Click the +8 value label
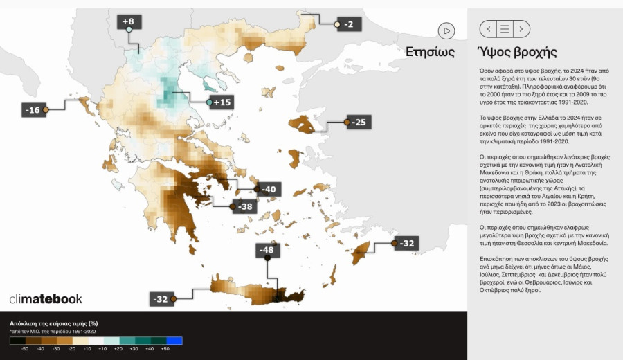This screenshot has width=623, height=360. tap(128, 21)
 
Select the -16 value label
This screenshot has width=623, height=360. tap(32, 110)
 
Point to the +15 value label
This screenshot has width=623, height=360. tap(222, 102)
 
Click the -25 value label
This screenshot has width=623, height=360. tap(359, 123)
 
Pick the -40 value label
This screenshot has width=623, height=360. tap(268, 189)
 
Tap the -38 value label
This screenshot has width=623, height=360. tap(245, 206)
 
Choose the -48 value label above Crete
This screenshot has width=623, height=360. tap(267, 249)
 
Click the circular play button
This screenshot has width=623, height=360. tap(446, 30)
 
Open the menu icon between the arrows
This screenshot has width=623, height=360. tap(505, 29)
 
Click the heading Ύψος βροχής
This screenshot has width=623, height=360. tap(518, 52)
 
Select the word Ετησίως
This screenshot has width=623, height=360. tap(430, 52)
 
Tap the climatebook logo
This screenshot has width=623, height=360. tap(46, 299)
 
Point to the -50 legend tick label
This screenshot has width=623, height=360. tap(25, 350)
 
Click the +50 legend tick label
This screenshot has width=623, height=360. tap(165, 350)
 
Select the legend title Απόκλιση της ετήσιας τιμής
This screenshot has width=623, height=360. tap(53, 323)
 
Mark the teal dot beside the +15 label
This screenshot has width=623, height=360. tap(210, 102)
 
